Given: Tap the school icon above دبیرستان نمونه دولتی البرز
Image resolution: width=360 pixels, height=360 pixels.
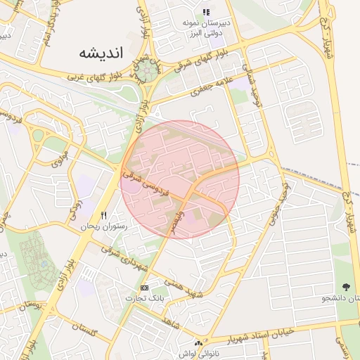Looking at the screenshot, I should [x=206, y=12].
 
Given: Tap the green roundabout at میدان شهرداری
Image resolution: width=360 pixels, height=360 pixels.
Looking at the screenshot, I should [x=148, y=70].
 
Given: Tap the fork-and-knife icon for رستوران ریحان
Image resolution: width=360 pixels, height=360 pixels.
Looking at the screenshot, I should [x=103, y=215].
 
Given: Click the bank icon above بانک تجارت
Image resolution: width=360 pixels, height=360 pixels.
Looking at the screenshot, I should [x=145, y=288].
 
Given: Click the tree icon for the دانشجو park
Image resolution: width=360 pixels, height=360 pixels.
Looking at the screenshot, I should [x=346, y=287].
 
